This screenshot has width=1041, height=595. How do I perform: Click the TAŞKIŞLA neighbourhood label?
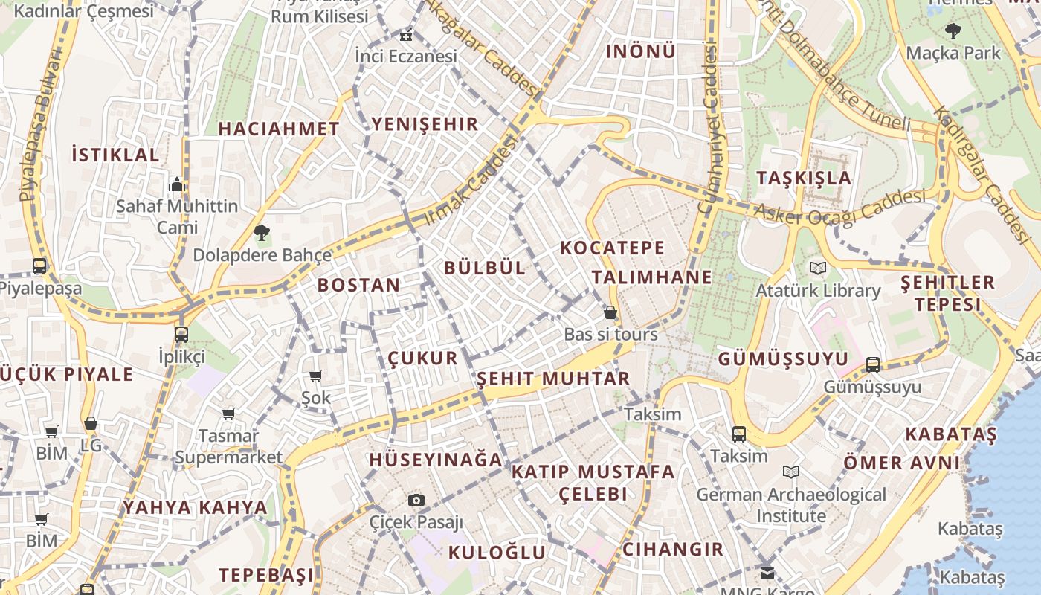[804, 178]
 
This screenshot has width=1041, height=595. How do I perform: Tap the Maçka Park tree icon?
[953, 31]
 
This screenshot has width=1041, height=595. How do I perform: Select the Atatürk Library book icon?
[818, 268]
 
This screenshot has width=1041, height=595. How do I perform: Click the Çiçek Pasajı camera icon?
[416, 500]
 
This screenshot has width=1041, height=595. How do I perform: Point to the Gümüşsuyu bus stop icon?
[873, 364]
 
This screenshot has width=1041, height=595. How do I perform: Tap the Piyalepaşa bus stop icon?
[39, 266]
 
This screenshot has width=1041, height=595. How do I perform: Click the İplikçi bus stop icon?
[181, 334]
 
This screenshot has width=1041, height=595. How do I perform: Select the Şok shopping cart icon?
[316, 376]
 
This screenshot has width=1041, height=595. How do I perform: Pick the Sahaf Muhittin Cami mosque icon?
[177, 184]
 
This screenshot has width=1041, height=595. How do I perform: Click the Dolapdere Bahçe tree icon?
[261, 233]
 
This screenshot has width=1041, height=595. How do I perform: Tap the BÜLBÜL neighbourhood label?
[485, 268]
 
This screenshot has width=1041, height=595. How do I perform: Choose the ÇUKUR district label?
[422, 358]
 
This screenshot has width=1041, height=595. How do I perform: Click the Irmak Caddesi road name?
[470, 182]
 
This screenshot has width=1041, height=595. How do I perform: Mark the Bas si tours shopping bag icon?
[610, 312]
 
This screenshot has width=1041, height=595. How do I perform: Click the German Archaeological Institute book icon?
[791, 472]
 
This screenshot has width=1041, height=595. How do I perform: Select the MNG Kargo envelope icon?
[767, 573]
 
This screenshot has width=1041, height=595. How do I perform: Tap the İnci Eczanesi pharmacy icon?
[406, 35]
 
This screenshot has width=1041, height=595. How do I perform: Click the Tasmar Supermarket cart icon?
[228, 414]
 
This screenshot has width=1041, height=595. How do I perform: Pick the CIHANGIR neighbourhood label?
[672, 550]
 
